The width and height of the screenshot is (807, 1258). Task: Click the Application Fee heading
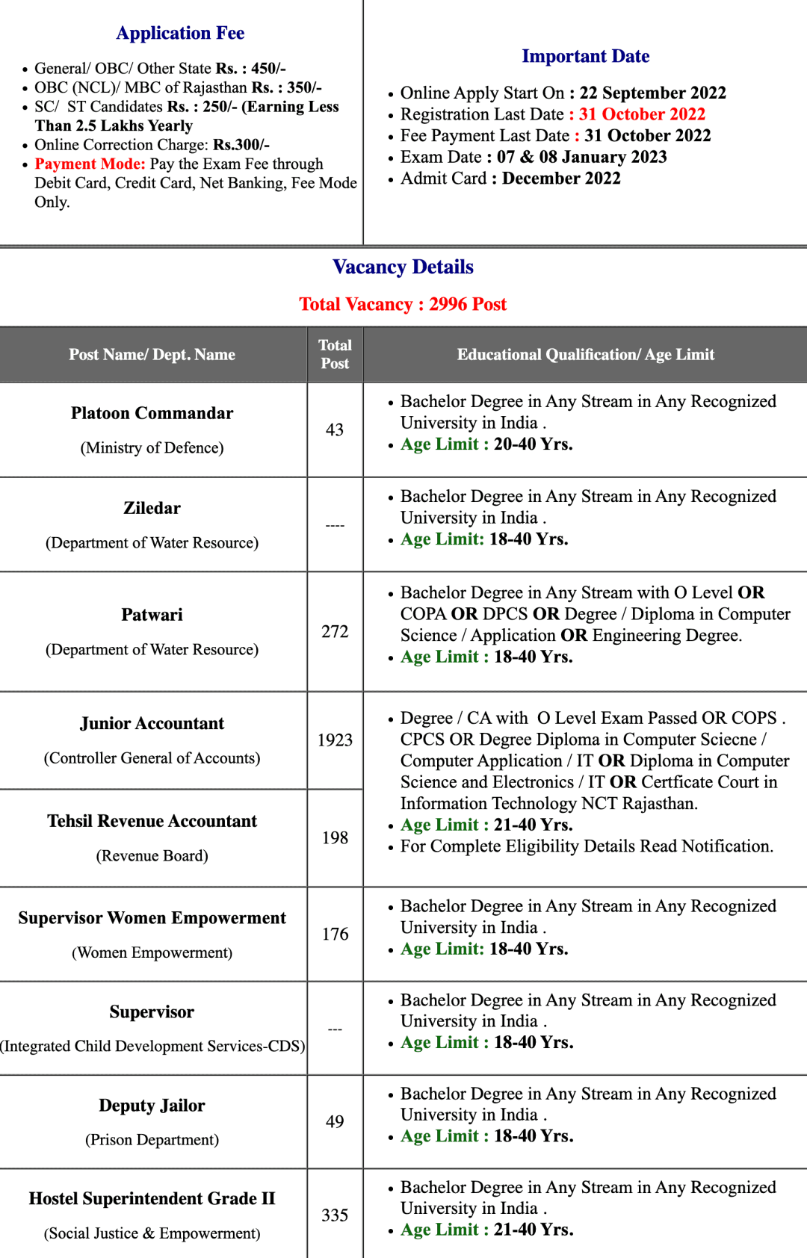click(180, 34)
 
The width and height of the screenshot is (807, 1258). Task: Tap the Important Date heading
click(585, 57)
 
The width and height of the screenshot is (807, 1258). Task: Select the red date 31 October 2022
click(642, 114)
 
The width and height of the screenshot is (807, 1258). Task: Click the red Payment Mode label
click(90, 164)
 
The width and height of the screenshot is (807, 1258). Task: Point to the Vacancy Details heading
click(403, 267)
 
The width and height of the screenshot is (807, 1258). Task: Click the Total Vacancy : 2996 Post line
click(403, 305)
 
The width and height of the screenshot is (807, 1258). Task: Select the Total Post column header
click(335, 355)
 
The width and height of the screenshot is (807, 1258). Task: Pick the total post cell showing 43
click(335, 430)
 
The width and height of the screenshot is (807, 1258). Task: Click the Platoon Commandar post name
click(152, 414)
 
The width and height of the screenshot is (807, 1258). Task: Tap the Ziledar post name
click(152, 509)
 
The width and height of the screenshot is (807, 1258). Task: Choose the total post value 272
click(335, 632)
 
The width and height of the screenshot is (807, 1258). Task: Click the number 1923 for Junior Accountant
click(335, 740)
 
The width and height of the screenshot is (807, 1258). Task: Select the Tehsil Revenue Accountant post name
click(152, 822)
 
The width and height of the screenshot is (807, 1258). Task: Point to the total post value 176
click(335, 935)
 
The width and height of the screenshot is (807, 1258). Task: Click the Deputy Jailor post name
click(152, 1106)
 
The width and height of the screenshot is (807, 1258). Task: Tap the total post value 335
click(335, 1215)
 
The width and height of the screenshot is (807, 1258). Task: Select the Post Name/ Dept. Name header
click(152, 355)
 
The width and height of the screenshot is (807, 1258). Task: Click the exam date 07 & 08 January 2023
click(581, 158)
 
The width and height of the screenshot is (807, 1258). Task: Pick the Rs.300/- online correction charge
click(241, 145)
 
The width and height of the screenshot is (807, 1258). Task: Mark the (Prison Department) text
click(152, 1140)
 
